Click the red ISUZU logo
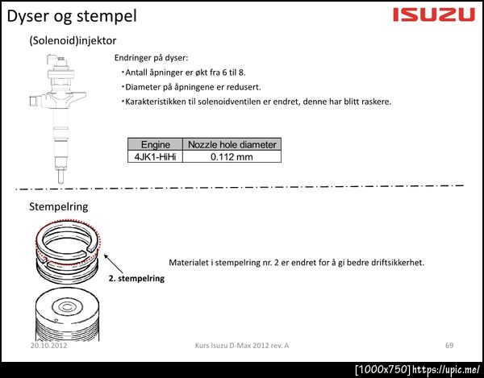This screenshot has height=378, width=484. (434, 15)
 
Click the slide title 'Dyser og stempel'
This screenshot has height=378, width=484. (72, 16)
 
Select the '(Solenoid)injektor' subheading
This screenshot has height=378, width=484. (73, 40)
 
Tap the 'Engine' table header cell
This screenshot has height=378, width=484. (155, 144)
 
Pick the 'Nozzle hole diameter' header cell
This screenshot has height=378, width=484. (232, 144)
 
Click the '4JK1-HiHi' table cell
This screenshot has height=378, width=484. (155, 156)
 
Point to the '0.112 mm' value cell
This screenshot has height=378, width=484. (232, 156)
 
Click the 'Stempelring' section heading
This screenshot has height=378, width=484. (59, 206)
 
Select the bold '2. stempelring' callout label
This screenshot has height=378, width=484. (136, 278)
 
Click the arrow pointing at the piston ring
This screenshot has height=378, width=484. (113, 264)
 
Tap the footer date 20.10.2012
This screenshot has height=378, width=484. (48, 345)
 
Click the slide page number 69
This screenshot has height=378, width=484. (449, 345)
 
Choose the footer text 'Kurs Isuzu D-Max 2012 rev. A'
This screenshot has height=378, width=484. (242, 345)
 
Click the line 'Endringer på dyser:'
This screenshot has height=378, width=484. (152, 58)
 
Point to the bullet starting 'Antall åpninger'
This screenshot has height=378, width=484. (184, 73)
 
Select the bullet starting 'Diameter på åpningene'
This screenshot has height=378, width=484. (191, 87)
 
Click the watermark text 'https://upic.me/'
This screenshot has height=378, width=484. (446, 369)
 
